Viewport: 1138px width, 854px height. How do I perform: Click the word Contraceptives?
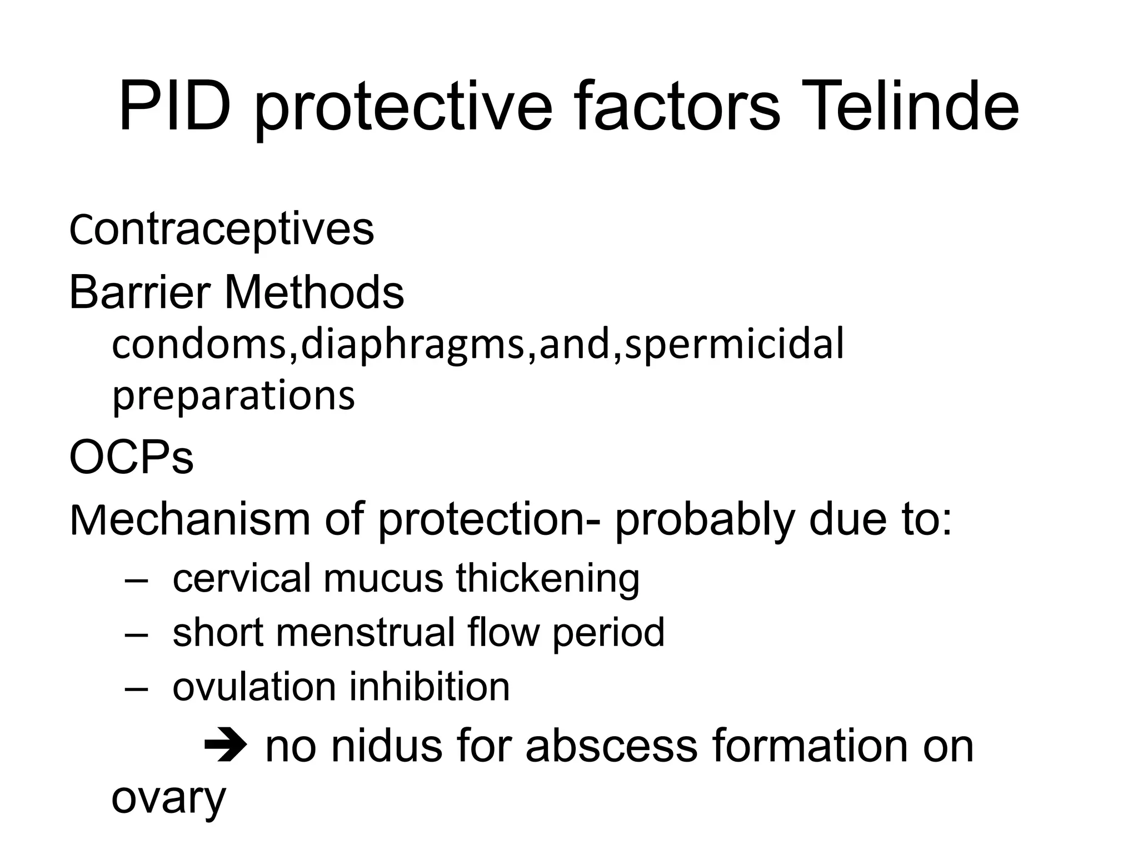[x=221, y=229]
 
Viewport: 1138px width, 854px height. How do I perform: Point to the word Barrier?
[x=139, y=292]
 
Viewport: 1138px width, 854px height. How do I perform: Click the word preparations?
[x=233, y=396]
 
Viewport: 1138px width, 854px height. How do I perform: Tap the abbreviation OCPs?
[x=131, y=458]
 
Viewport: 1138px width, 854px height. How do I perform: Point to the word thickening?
[x=548, y=578]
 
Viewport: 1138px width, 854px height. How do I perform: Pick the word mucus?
[x=383, y=578]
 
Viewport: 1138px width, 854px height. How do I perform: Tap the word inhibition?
[x=429, y=687]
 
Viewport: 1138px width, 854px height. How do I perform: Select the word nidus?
[x=387, y=746]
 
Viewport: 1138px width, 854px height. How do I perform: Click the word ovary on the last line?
[x=168, y=800]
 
